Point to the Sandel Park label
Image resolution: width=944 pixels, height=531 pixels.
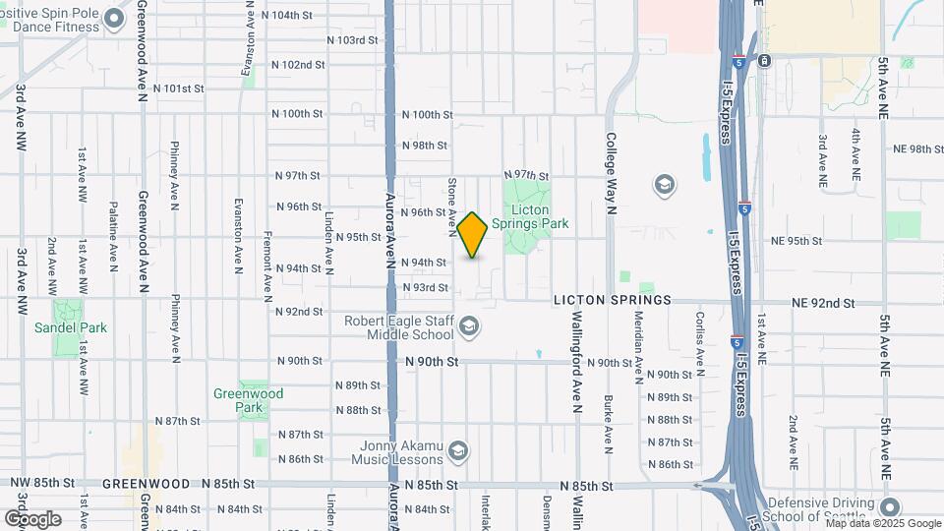pos(70,327)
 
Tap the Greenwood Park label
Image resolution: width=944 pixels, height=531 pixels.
pos(249,400)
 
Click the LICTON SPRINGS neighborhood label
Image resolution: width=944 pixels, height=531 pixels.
pos(612,299)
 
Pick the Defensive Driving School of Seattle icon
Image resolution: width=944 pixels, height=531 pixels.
pos(890,508)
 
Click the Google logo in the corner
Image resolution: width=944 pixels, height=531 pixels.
pos(32,518)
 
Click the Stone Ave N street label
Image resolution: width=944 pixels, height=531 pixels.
pos(452,207)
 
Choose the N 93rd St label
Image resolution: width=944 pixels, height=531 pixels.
pos(425,287)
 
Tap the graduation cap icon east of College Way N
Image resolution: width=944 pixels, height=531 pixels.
pos(665,185)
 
